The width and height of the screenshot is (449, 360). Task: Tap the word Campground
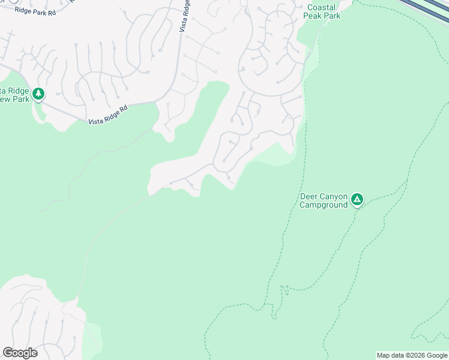(x=324, y=205)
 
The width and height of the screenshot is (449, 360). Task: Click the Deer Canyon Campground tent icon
(x=357, y=199)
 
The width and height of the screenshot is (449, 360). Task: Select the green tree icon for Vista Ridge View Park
(x=39, y=94)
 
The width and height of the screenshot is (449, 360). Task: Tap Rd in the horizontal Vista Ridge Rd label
(x=124, y=109)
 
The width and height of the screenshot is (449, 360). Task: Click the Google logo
(x=20, y=353)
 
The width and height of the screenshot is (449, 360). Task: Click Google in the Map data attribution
(x=438, y=355)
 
